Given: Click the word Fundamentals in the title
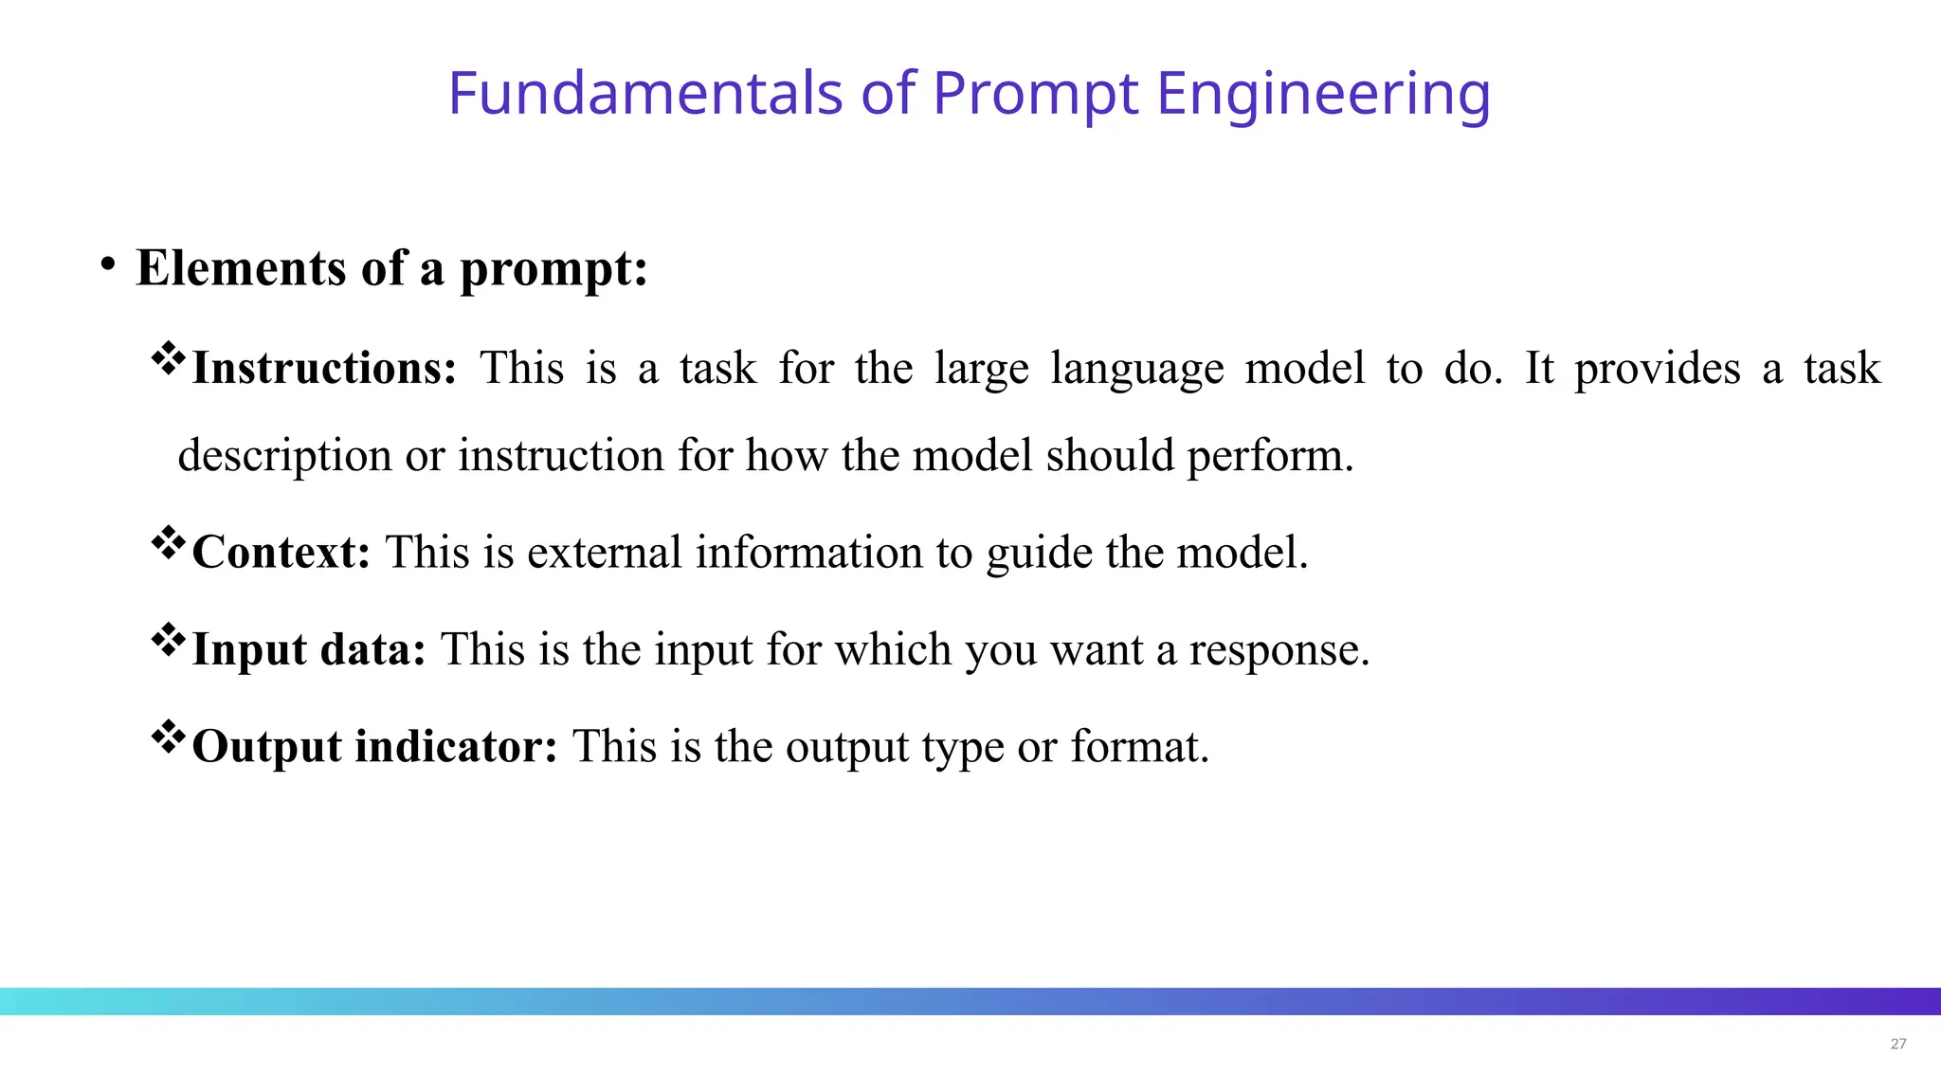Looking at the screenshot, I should pyautogui.click(x=644, y=93).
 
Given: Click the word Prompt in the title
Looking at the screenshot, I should pyautogui.click(x=1035, y=95).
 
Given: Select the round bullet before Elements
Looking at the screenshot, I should pyautogui.click(x=108, y=264).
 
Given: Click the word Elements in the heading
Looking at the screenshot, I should pyautogui.click(x=241, y=267).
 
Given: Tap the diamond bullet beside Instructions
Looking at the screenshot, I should pyautogui.click(x=169, y=358).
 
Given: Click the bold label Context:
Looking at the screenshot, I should pyautogui.click(x=281, y=553).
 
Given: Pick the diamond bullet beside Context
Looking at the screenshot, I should pyautogui.click(x=169, y=543).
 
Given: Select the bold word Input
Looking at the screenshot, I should pyautogui.click(x=249, y=650).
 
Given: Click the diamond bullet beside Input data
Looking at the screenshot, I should pyautogui.click(x=169, y=640).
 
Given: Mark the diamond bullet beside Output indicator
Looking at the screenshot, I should pyautogui.click(x=169, y=737).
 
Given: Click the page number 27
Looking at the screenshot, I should pyautogui.click(x=1897, y=1044).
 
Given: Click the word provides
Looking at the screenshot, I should pyautogui.click(x=1657, y=370).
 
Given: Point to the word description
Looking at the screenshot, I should pyautogui.click(x=284, y=457).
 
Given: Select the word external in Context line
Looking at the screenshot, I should pyautogui.click(x=604, y=553).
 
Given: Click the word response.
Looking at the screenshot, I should pyautogui.click(x=1279, y=651).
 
